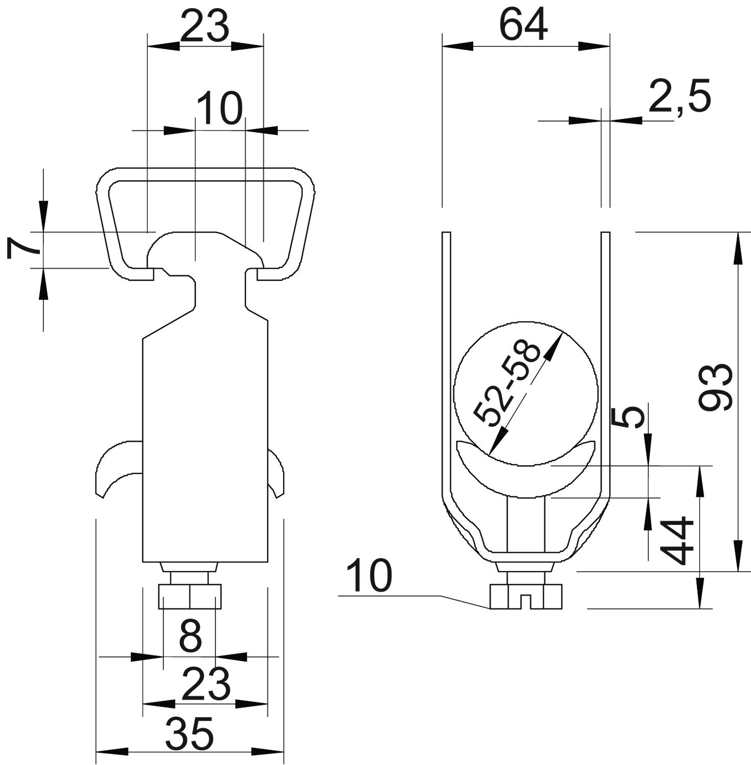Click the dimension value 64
click(523, 25)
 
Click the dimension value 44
click(676, 541)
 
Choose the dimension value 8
click(190, 636)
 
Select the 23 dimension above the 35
click(206, 685)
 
